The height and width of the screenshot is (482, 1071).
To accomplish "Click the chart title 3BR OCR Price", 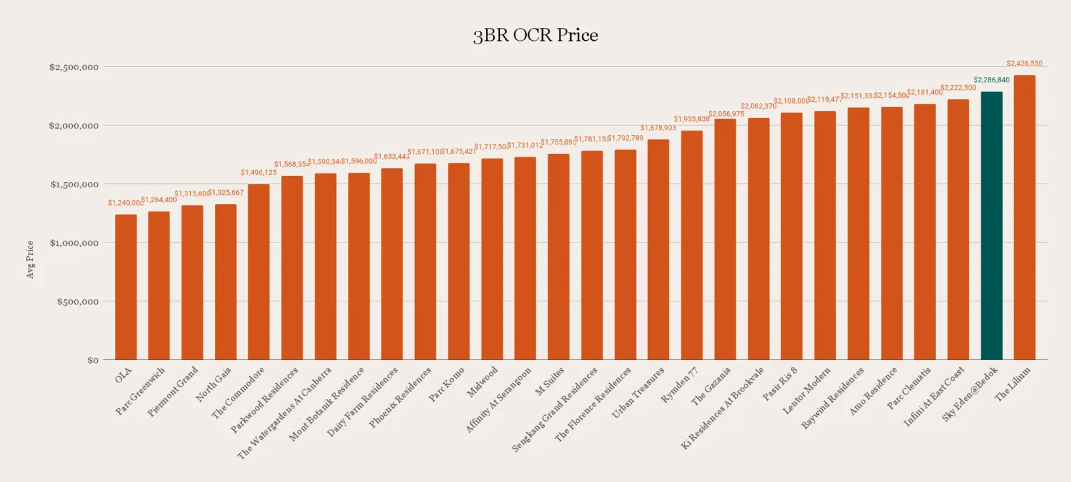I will pos(535,35).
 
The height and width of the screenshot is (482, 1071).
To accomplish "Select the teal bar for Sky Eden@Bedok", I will pos(991,228).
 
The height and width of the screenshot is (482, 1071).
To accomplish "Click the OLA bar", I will pos(126,288).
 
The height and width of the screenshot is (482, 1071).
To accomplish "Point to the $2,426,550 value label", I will pos(1024,64).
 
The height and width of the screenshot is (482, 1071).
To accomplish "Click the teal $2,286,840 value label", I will pos(991,80).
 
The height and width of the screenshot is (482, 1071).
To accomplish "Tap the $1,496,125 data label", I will pos(258,173).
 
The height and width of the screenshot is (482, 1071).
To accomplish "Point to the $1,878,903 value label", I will pos(658,128).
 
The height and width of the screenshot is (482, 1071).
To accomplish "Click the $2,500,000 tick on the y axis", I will pos(74,67).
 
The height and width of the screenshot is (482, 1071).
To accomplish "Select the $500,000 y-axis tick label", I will pos(78,302).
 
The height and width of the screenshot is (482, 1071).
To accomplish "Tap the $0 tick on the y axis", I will pos(92,360).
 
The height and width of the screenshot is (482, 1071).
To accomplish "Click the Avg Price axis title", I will pos(29,260).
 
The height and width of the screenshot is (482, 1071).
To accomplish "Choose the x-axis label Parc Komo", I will pos(446,384).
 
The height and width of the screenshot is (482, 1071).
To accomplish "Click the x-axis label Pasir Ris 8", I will pos(780,384).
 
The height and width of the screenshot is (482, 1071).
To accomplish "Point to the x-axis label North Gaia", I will pos(214,384).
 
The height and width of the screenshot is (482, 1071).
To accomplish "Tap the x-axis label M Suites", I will pos(550,381).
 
